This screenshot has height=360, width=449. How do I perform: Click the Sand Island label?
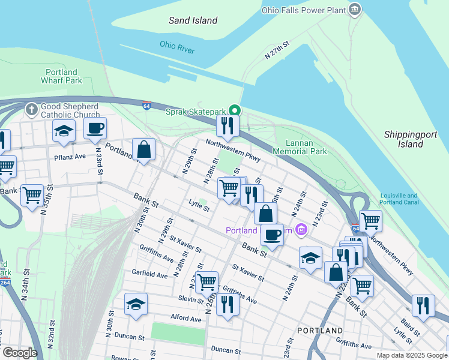coord(193,20)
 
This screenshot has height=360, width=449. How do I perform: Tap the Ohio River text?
coord(177,47)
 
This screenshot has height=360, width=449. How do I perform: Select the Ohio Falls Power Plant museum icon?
coord(355,9)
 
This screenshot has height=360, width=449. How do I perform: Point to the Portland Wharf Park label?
coord(61,76)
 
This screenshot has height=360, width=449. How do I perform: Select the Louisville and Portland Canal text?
coord(407,199)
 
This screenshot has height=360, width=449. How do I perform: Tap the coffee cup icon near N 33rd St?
coord(95,128)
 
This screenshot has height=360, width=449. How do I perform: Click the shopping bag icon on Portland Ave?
coord(144,149)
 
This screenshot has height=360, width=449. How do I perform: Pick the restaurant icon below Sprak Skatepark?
coord(228,125)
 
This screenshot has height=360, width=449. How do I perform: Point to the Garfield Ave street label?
coord(150,274)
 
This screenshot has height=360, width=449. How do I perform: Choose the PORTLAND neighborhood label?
coord(320,331)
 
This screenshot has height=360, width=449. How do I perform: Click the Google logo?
coord(20,353)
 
